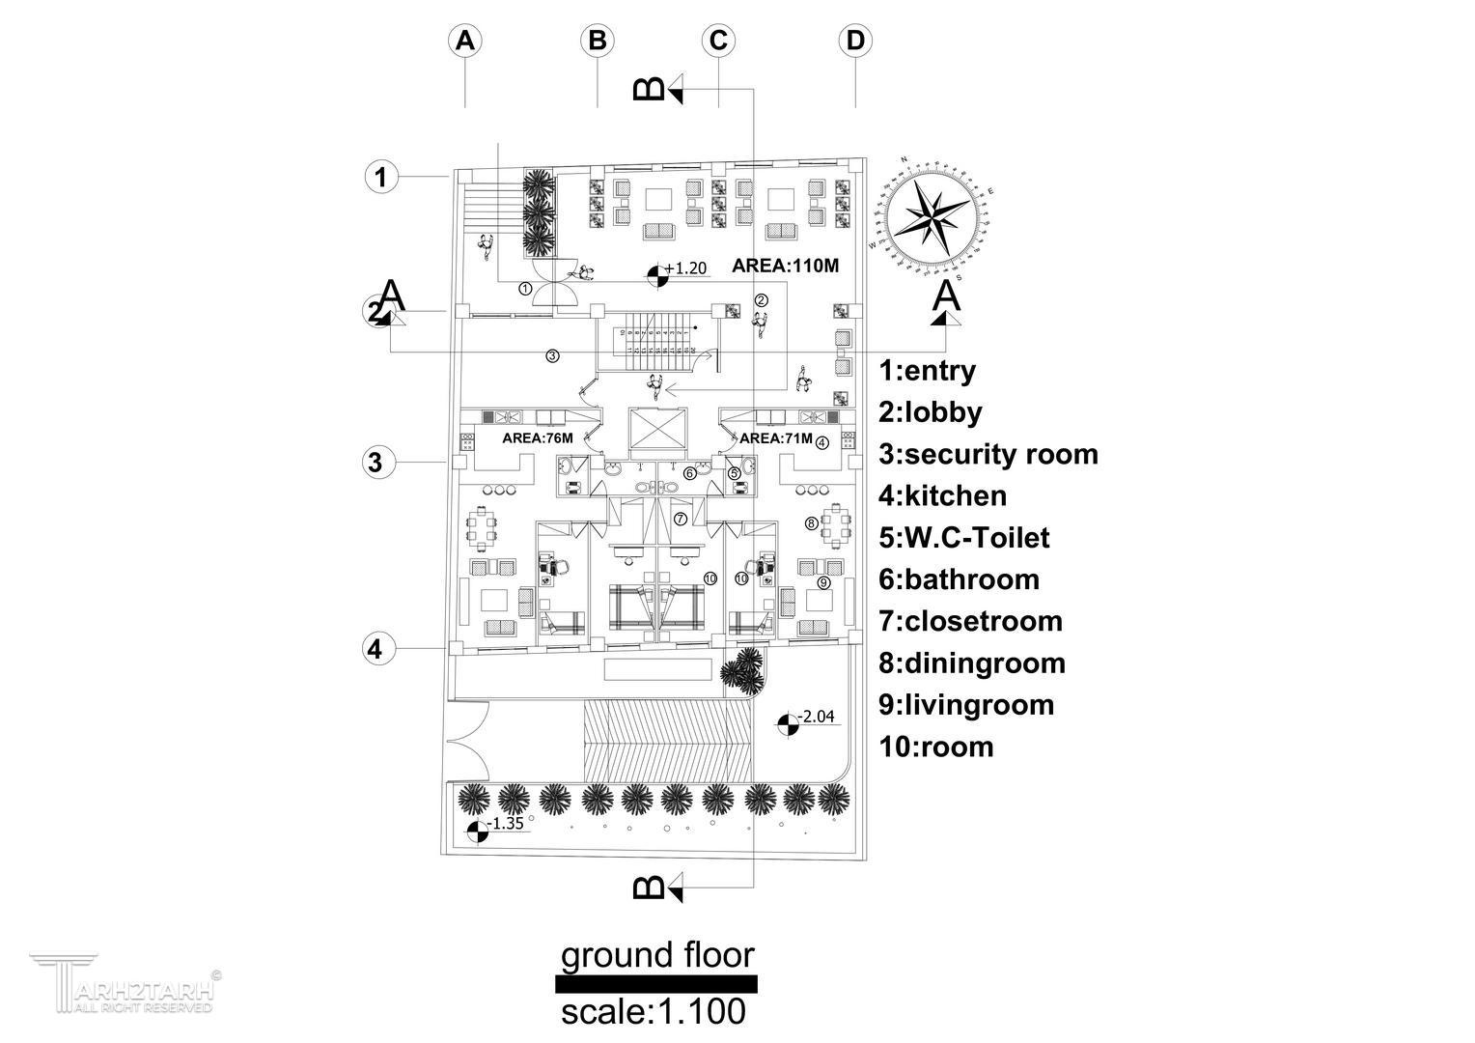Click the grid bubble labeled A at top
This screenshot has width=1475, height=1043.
(x=465, y=41)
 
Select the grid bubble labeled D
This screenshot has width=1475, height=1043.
(x=855, y=41)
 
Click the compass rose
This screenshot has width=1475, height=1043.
(x=932, y=218)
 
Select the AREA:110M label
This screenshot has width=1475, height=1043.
(x=786, y=266)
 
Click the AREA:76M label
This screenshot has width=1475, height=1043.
(x=538, y=438)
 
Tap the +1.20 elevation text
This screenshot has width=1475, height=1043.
(x=686, y=268)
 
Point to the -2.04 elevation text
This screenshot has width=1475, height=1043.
(x=818, y=717)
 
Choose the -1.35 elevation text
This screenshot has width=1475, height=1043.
(x=506, y=824)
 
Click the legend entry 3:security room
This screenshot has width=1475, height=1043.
(x=988, y=454)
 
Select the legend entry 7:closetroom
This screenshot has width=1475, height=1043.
(x=970, y=621)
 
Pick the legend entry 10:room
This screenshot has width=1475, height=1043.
(x=935, y=747)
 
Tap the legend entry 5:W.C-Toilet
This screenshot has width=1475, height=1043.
(x=963, y=538)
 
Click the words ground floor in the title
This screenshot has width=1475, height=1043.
(x=656, y=956)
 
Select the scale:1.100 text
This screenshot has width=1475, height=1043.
(x=654, y=1012)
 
